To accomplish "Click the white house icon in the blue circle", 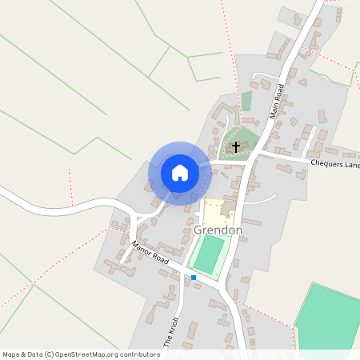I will coord(180,172).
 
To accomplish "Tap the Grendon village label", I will coord(217,230).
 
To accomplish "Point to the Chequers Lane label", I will coord(335,164).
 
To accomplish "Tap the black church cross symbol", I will coord(236,147).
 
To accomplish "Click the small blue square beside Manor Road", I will coord(194,278).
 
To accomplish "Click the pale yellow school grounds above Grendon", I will coord(211,213).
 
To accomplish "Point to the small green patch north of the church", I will coord(246,101).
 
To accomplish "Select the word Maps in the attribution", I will coord(12,354).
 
